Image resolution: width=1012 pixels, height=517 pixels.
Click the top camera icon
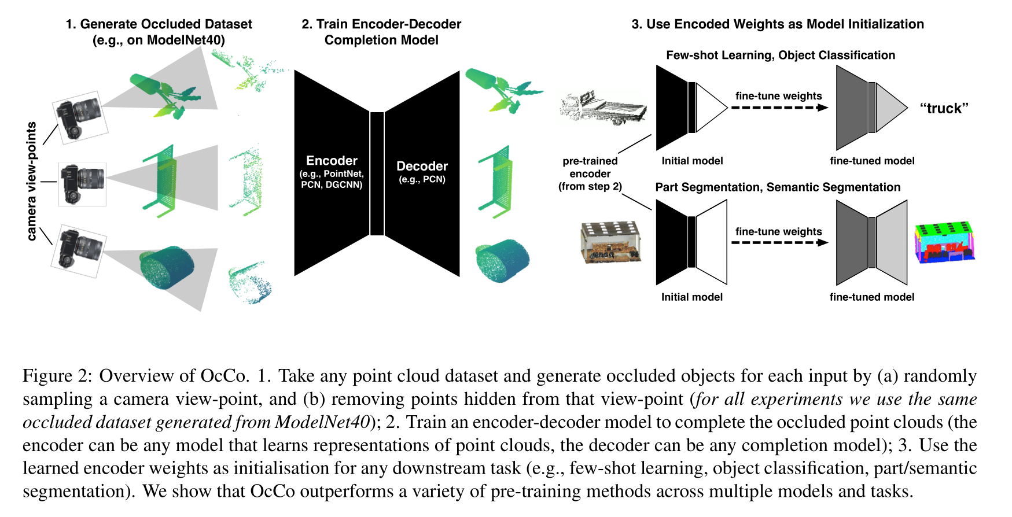[80, 117]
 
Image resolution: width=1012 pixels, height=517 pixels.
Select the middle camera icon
[83, 184]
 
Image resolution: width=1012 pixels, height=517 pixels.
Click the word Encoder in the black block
[332, 161]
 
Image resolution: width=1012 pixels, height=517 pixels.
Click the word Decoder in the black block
[422, 166]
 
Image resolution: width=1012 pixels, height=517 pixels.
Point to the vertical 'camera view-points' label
[31, 181]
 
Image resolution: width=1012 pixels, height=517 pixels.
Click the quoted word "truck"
[944, 108]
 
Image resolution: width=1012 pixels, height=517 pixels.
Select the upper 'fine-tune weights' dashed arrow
[779, 108]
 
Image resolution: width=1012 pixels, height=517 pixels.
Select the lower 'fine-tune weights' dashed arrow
[779, 242]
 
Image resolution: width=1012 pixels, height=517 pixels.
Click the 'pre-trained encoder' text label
[590, 167]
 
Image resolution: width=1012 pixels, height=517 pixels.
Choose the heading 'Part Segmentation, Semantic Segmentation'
[778, 187]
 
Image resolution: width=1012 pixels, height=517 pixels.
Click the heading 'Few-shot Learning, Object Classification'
[780, 56]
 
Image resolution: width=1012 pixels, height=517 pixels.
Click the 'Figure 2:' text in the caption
[57, 376]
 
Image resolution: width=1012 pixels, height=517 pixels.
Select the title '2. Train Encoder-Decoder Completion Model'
[381, 32]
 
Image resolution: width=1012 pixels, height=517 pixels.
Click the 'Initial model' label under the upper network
[692, 161]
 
